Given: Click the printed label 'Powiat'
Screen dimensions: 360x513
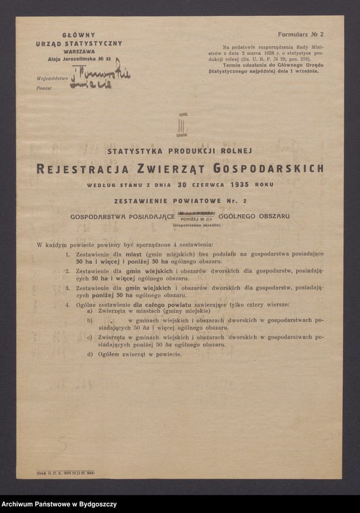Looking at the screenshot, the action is pos(44,89).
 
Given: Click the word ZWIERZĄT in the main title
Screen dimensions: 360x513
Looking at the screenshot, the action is pos(174,168).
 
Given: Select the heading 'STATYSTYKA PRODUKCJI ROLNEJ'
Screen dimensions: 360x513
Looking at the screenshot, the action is pos(181,150).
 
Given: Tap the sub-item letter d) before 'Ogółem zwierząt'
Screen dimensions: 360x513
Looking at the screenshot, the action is pos(90,354).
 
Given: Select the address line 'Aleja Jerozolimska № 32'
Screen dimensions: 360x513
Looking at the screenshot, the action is pos(79,59).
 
